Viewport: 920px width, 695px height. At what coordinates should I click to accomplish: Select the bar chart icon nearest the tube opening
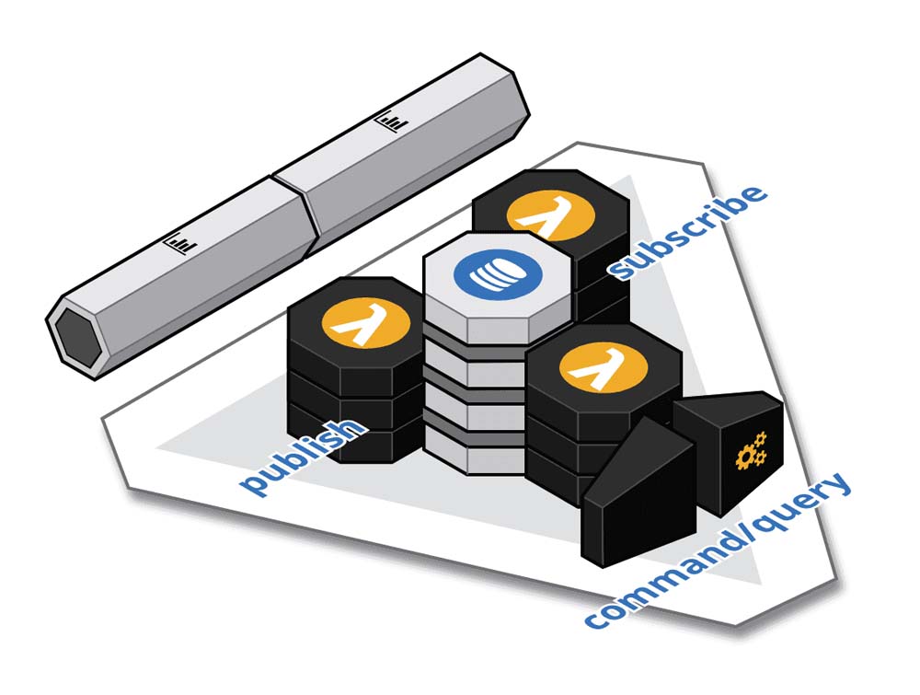[181, 243]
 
